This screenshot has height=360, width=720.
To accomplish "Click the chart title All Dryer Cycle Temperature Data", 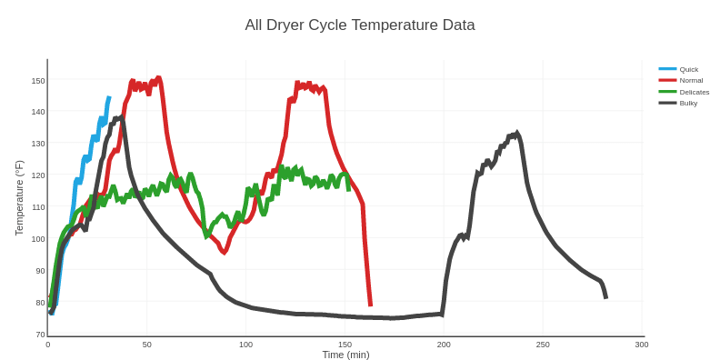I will pos(359,25).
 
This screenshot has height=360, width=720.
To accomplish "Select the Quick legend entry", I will pos(688,69).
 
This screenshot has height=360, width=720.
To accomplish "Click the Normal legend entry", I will pos(691,80).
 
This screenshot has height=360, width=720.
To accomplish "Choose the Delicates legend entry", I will pos(694,92).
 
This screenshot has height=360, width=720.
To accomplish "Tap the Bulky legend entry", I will pos(688,103).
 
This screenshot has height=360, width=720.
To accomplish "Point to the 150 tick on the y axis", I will pos(38,81).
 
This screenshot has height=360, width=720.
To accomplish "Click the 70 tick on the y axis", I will pos(40,335).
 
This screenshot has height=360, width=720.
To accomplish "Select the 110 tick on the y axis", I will pos(38,207).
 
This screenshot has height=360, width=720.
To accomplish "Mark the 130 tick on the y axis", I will pos(38,144).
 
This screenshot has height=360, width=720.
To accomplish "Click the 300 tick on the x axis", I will pos(642,345).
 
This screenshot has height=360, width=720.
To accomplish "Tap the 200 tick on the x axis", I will pos(444,345).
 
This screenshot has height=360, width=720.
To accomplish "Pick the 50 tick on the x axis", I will pos(146,345).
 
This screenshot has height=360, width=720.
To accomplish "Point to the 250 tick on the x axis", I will pos(543,345).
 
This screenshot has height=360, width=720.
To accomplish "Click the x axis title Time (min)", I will pos(345,355).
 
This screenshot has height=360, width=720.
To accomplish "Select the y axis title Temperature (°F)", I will pos(19,198).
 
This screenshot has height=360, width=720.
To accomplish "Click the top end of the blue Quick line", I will pos(109,98).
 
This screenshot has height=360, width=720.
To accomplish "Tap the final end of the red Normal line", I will pos(370,305).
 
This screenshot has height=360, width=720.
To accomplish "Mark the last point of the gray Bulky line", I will pos(605,298).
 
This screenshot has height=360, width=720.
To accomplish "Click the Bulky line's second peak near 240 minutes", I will pos(517,133).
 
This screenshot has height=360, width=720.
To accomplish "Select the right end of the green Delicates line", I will pos(348,189).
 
